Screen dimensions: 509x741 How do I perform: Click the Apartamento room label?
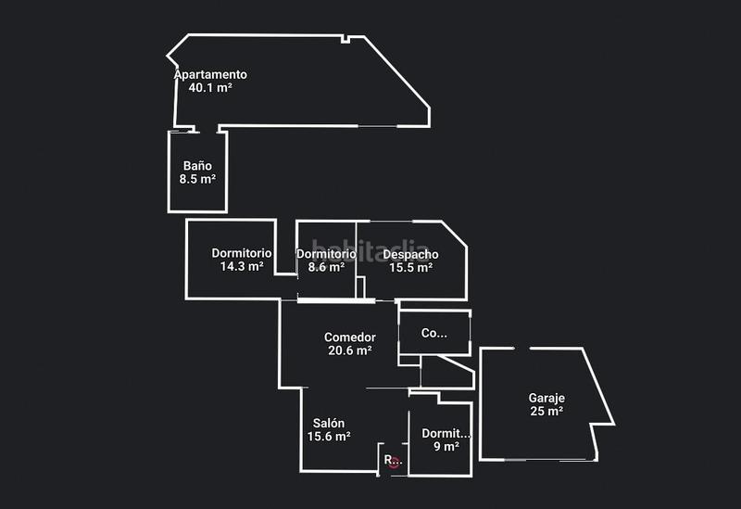pyautogui.click(x=211, y=74)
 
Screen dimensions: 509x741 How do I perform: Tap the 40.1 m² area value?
pyautogui.click(x=209, y=88)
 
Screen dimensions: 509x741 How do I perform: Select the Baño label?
pyautogui.click(x=197, y=166)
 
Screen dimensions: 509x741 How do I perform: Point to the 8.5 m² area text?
pyautogui.click(x=197, y=179)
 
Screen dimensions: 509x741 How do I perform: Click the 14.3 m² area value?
pyautogui.click(x=242, y=266)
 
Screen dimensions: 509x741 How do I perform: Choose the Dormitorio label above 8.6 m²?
pyautogui.click(x=326, y=253)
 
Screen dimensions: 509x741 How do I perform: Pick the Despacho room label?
pyautogui.click(x=410, y=254)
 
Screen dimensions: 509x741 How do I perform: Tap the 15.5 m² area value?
pyautogui.click(x=410, y=267)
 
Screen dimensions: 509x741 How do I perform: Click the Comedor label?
pyautogui.click(x=349, y=337)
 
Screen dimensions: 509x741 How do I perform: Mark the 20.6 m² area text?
pyautogui.click(x=349, y=350)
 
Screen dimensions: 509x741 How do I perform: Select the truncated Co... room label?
pyautogui.click(x=433, y=333)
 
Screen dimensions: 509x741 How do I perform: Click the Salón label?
pyautogui.click(x=328, y=423)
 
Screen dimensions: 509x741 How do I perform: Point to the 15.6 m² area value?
pyautogui.click(x=329, y=436)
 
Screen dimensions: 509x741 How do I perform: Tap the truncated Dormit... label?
pyautogui.click(x=446, y=433)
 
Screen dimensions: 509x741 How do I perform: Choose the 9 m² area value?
pyautogui.click(x=446, y=446)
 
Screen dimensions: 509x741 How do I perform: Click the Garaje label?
pyautogui.click(x=546, y=398)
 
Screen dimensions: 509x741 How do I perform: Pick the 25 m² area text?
pyautogui.click(x=546, y=411)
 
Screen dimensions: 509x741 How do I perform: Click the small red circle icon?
pyautogui.click(x=394, y=461)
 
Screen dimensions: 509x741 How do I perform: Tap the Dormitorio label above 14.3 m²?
pyautogui.click(x=241, y=252)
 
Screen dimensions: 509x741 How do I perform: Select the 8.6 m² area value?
pyautogui.click(x=326, y=267)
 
